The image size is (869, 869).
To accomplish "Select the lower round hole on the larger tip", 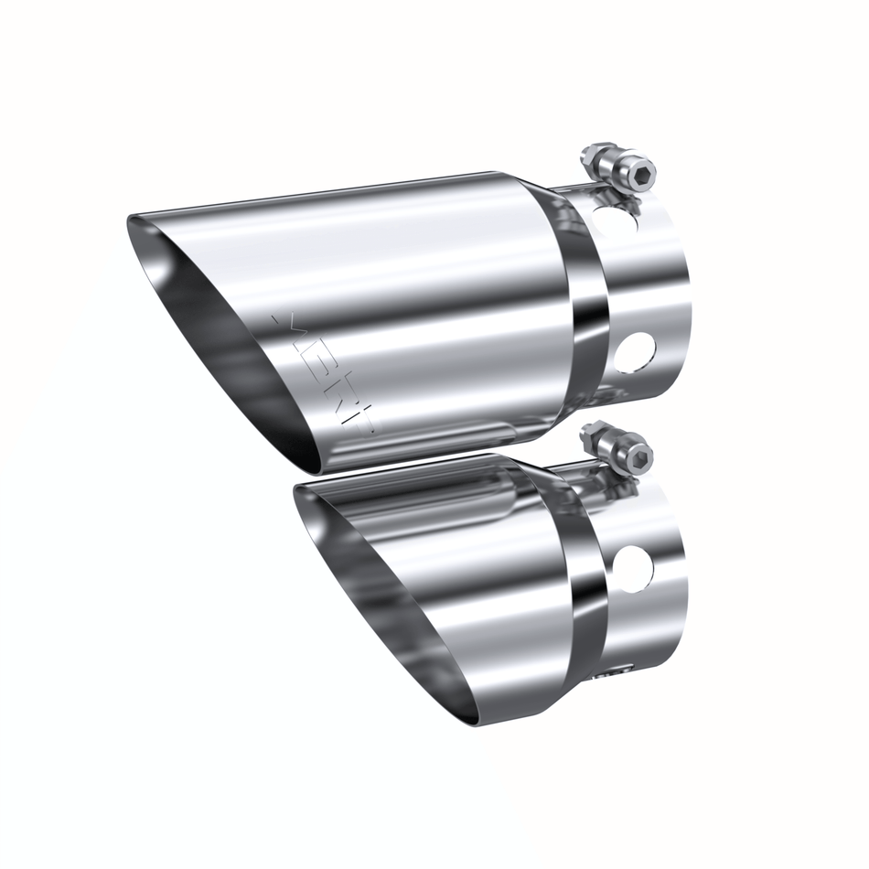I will pyautogui.click(x=635, y=351).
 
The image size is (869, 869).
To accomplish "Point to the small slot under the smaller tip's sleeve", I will pyautogui.click(x=610, y=677).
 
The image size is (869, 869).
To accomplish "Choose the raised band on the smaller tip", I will pyautogui.click(x=585, y=585).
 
